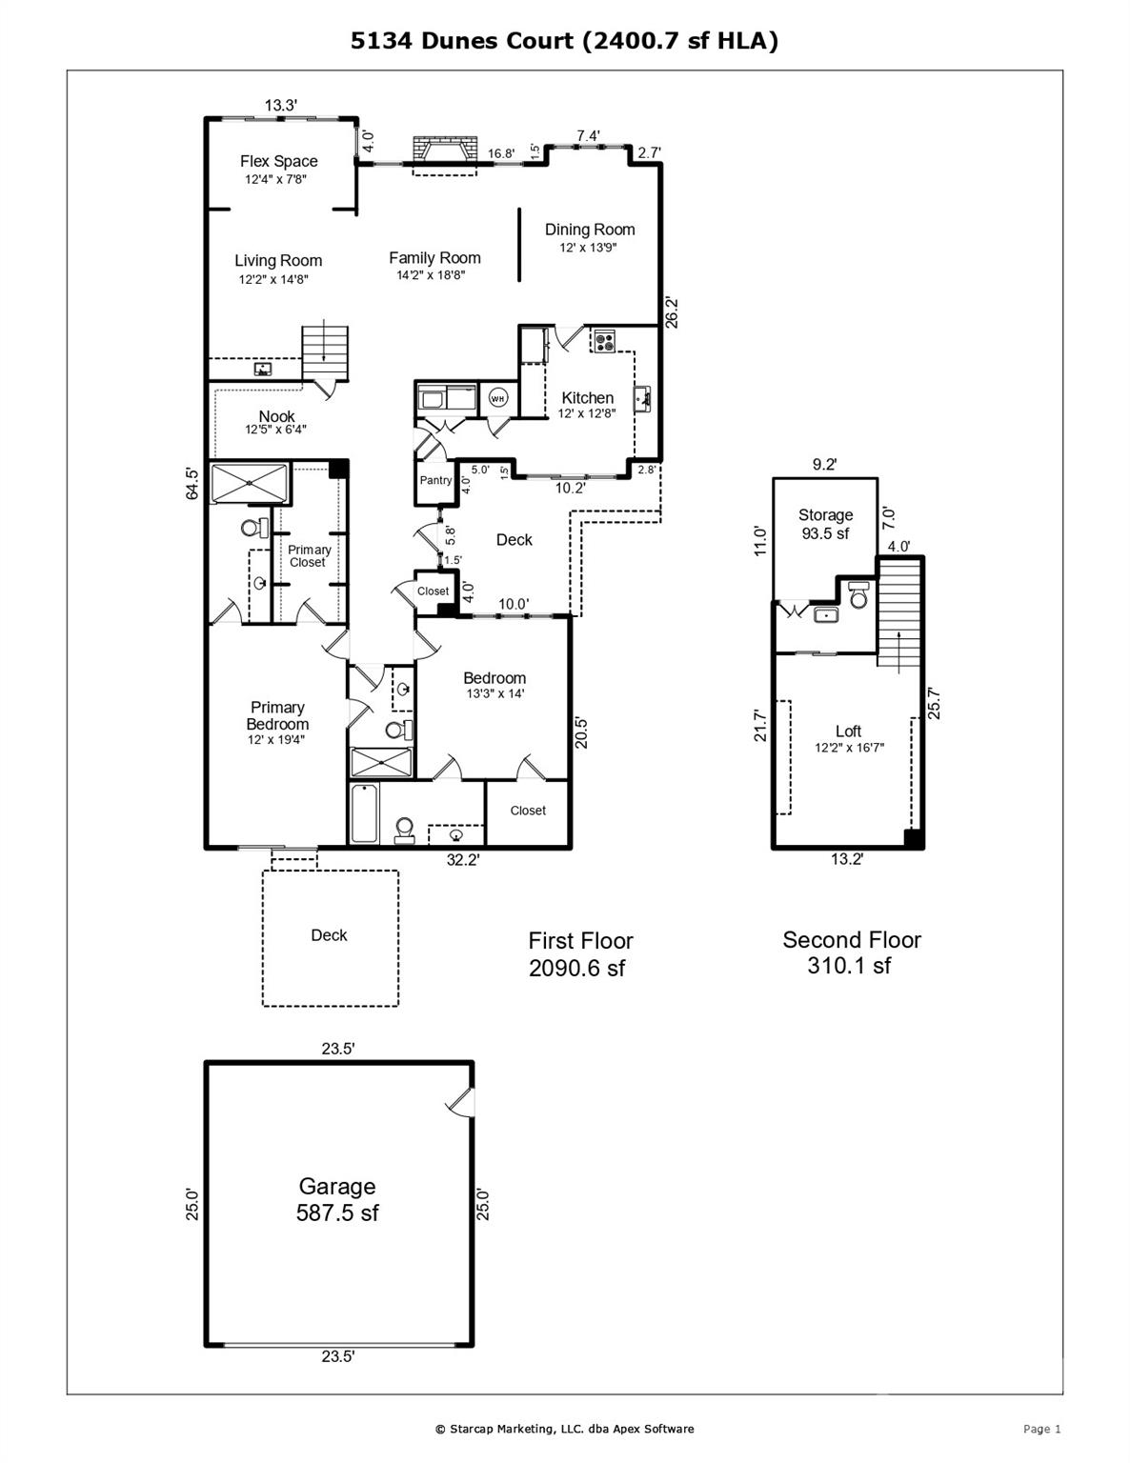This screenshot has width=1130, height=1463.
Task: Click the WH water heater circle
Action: (x=498, y=398)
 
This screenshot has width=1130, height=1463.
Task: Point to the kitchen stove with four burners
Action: (x=603, y=340)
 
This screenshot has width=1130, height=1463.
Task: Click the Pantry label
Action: (x=435, y=480)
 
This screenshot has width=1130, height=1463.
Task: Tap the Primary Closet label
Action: (x=309, y=556)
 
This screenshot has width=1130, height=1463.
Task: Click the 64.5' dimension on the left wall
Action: (x=192, y=483)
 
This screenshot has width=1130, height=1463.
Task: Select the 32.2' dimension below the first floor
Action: (x=463, y=860)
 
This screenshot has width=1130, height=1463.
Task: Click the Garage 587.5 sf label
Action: (x=337, y=1199)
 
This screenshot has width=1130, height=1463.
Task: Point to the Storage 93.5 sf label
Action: (x=825, y=524)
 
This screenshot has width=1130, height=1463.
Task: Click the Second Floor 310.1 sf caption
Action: (x=851, y=952)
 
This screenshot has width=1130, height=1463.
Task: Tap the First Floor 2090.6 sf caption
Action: (x=580, y=954)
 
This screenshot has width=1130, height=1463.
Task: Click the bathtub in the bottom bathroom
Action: (x=364, y=813)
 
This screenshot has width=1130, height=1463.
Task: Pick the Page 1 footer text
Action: (x=1041, y=1429)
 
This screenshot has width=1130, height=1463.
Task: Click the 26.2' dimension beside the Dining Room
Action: (x=671, y=312)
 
